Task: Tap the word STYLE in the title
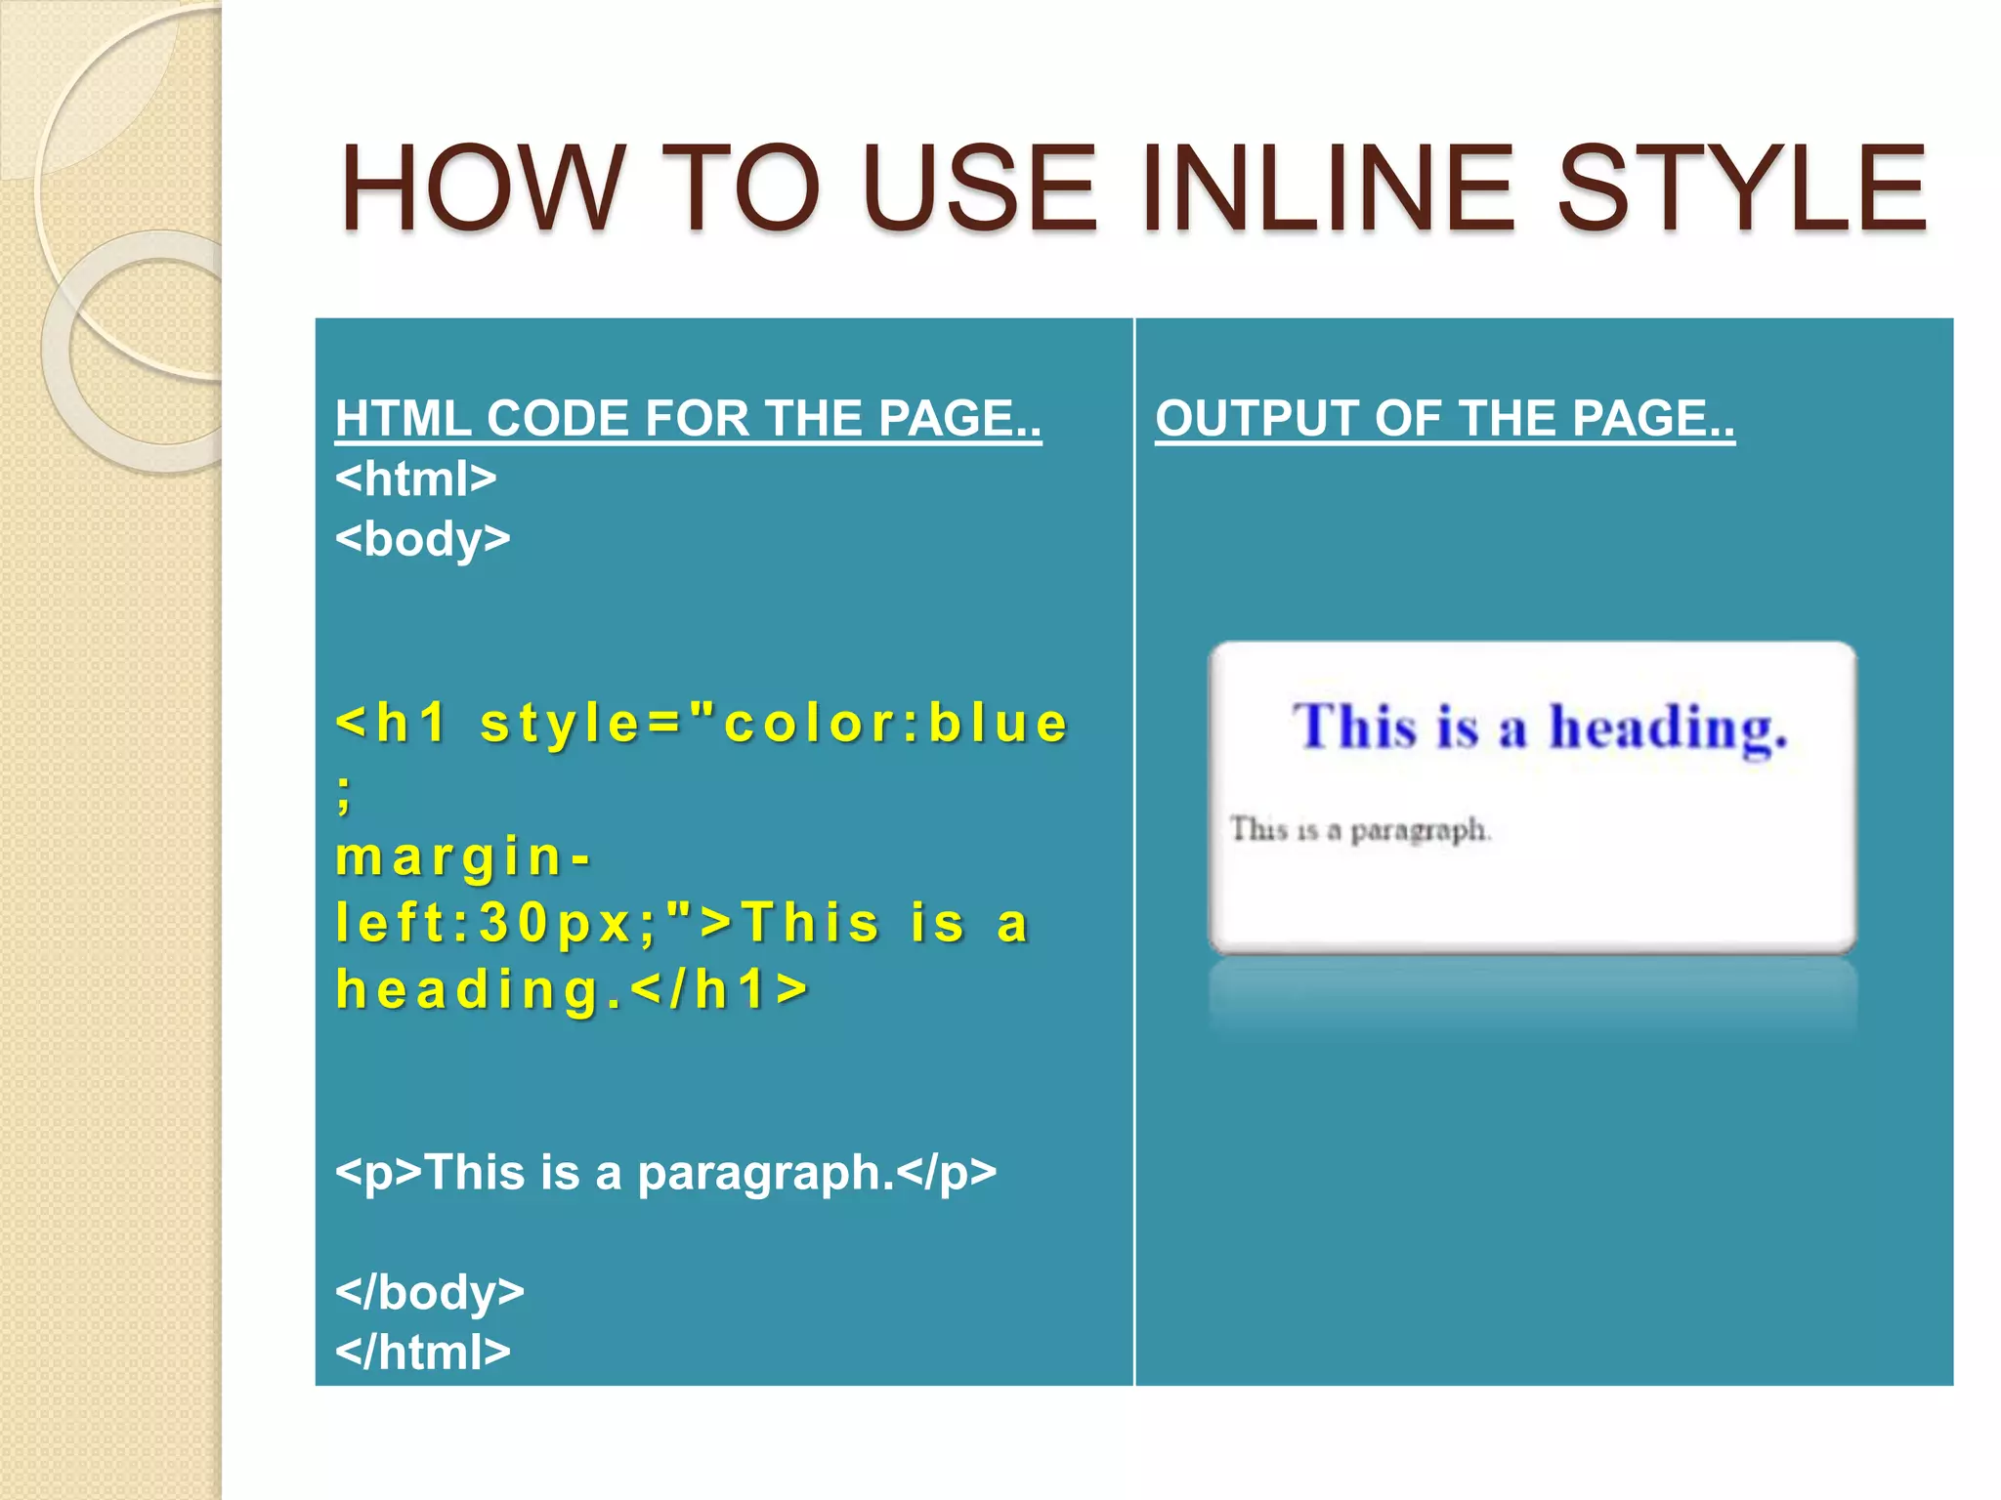[1741, 187]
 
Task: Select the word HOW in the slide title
[482, 187]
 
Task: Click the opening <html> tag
[416, 479]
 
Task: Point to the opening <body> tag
[422, 539]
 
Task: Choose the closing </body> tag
[430, 1292]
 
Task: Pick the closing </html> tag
[423, 1353]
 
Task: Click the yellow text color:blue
[896, 724]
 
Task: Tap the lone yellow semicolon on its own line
[343, 793]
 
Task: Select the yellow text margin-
[463, 857]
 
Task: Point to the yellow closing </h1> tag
[720, 989]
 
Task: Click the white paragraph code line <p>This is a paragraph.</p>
[665, 1172]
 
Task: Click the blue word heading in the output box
[1668, 729]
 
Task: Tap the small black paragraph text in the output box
[1360, 830]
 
